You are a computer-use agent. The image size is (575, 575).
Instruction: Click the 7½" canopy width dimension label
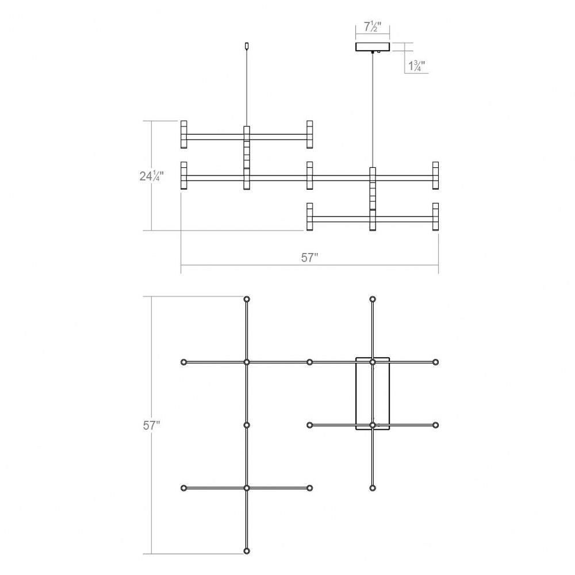point(373,27)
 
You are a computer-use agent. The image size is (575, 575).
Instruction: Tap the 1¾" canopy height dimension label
point(416,66)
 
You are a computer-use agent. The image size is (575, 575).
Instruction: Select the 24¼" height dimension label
point(151,176)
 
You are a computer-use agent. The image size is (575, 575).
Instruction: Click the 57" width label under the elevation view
point(309,258)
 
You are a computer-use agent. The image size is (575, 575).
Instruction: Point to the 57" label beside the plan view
point(151,425)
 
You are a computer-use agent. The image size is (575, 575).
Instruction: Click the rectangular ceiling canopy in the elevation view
point(373,47)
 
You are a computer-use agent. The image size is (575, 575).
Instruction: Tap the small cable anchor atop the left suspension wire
point(247,46)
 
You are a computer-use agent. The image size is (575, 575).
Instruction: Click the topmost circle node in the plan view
point(247,299)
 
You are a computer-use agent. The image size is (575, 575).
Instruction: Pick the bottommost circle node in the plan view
point(247,551)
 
